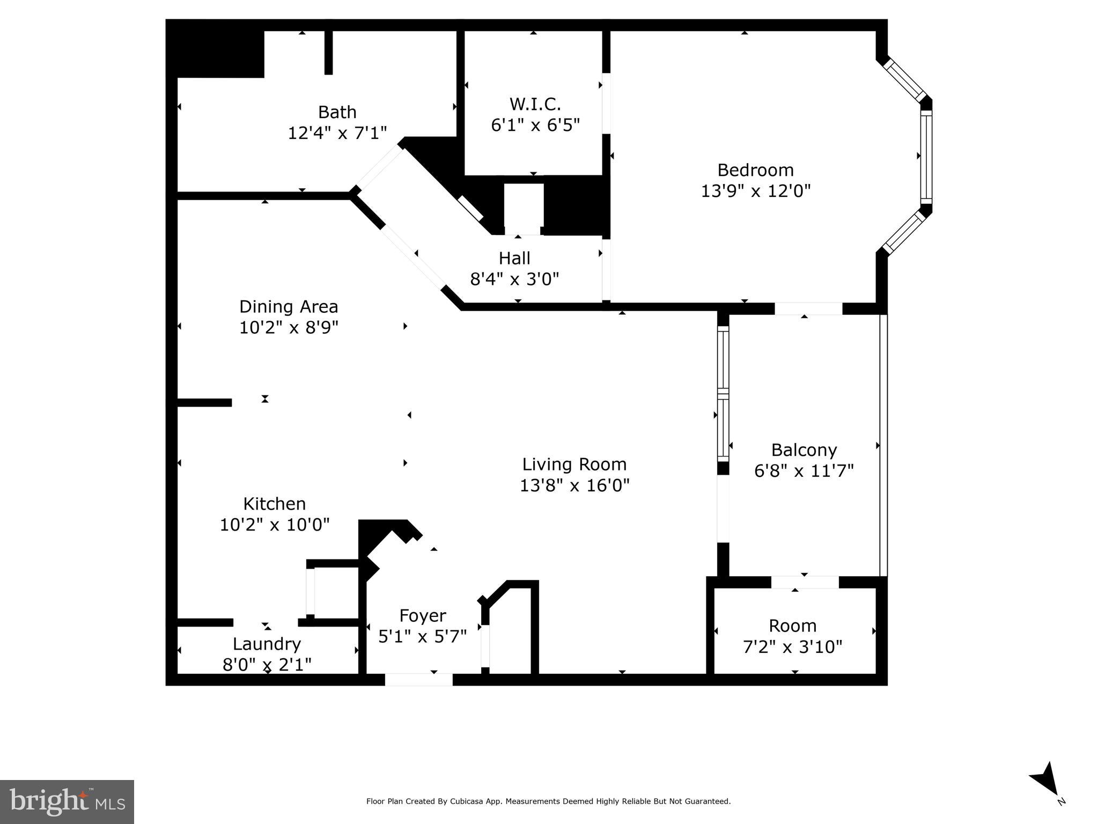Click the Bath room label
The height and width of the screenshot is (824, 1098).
pyautogui.click(x=337, y=112)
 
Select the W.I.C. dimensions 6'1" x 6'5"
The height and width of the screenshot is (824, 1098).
pyautogui.click(x=535, y=125)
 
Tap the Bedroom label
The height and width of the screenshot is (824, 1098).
pyautogui.click(x=755, y=170)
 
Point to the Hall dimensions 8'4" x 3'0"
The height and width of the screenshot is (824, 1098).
pyautogui.click(x=514, y=279)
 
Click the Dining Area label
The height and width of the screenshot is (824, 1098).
pyautogui.click(x=289, y=307)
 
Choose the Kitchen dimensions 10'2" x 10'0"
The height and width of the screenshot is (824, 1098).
pyautogui.click(x=275, y=525)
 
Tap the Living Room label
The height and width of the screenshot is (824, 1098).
pyautogui.click(x=574, y=465)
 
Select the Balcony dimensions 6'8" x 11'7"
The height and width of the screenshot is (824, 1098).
pyautogui.click(x=804, y=471)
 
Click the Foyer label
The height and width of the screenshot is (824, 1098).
pyautogui.click(x=423, y=616)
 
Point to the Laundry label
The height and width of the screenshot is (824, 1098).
pyautogui.click(x=267, y=644)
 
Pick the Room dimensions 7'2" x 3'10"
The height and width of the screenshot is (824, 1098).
pyautogui.click(x=792, y=647)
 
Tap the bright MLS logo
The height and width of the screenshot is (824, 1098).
pyautogui.click(x=67, y=801)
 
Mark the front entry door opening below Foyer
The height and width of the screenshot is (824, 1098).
pyautogui.click(x=418, y=680)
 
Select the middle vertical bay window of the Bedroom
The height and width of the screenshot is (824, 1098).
pyautogui.click(x=926, y=156)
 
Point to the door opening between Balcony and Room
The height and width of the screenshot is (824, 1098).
pyautogui.click(x=805, y=582)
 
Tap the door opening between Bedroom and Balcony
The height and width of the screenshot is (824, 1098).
pyautogui.click(x=808, y=308)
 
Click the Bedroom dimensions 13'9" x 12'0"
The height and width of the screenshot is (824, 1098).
pyautogui.click(x=755, y=191)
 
